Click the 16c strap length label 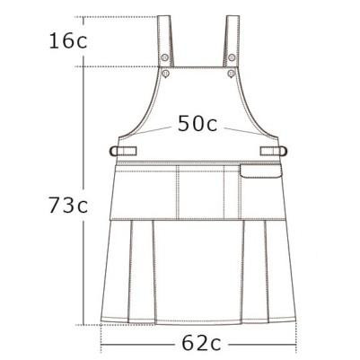coord(68,41)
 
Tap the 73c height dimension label coord(68,206)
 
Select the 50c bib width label coord(198,123)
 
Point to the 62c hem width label coord(201,343)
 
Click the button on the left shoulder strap coord(165,57)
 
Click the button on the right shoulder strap coord(232,57)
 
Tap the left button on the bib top coord(165,73)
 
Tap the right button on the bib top coord(231,73)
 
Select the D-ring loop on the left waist coord(112,151)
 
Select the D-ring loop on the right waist coord(285,151)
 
